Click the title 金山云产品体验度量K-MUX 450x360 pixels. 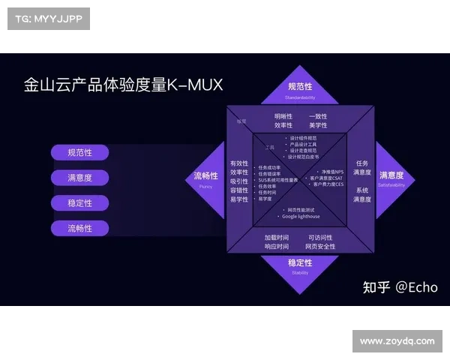coord(124,85)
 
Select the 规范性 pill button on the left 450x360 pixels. coord(79,152)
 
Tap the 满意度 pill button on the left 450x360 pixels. coord(79,178)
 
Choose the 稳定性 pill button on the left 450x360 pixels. coord(79,203)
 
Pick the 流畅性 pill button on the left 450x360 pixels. coord(79,228)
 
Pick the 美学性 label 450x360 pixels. coord(318,126)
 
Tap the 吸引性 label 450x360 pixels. coord(238,181)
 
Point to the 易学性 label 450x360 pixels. coord(238,199)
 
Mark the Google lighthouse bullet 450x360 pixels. coord(301,216)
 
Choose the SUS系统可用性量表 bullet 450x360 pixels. coord(278,180)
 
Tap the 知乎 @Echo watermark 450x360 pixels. coord(400,286)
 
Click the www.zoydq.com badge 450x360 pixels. coord(396,341)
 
